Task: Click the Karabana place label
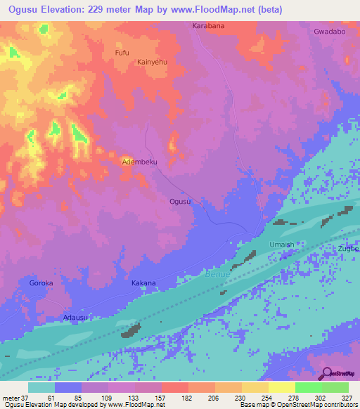click(207, 25)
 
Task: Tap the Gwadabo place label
click(330, 32)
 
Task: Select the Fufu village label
click(122, 53)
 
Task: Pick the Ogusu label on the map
click(180, 202)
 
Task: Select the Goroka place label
click(41, 283)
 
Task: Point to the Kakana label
click(143, 283)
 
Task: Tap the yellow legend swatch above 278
click(281, 387)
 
